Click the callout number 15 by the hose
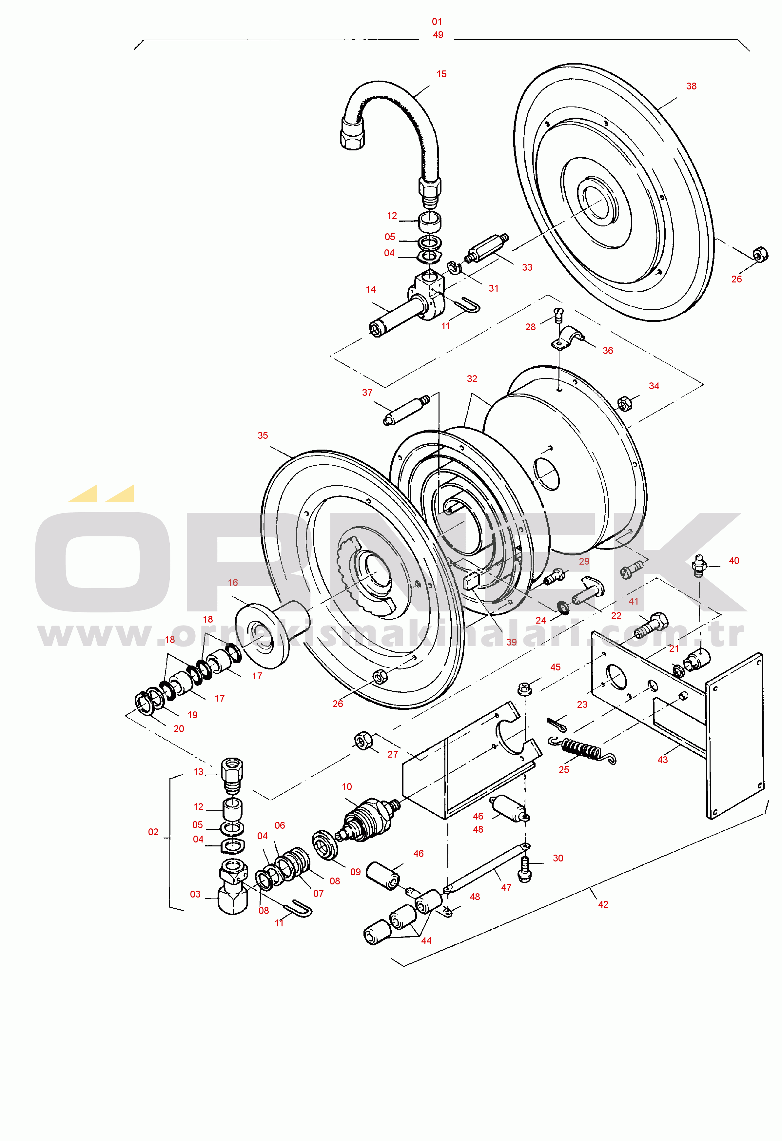(x=441, y=74)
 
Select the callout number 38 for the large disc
(x=691, y=87)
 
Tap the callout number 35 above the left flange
(x=263, y=435)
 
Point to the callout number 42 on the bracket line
(x=603, y=904)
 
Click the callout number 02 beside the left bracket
(x=153, y=832)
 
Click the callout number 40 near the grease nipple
(x=734, y=561)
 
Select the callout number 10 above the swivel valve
(x=347, y=787)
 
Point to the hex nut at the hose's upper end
(x=352, y=134)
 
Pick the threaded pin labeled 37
(x=406, y=410)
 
